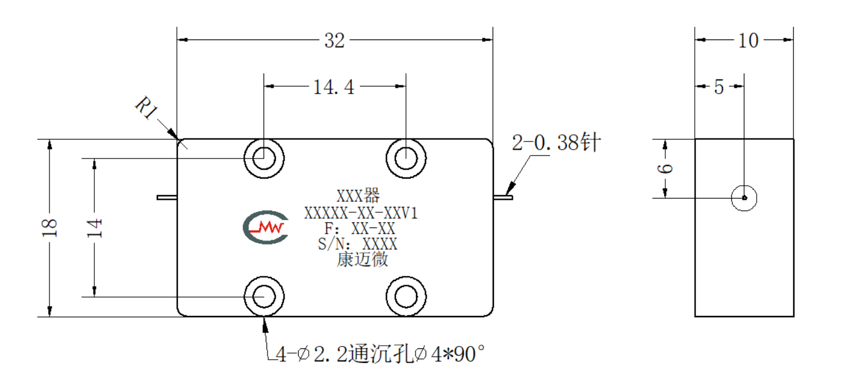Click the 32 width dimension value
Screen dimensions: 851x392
pyautogui.click(x=334, y=40)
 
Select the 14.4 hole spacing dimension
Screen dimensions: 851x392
pyautogui.click(x=334, y=87)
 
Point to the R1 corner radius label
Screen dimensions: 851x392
pyautogui.click(x=147, y=107)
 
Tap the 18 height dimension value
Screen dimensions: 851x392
pyautogui.click(x=50, y=228)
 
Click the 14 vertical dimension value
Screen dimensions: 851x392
pyautogui.click(x=95, y=228)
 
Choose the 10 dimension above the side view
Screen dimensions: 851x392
pyautogui.click(x=748, y=40)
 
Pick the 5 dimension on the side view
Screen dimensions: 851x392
pyautogui.click(x=719, y=87)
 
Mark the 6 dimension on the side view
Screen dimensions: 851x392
pyautogui.click(x=665, y=168)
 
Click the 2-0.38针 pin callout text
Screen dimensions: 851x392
pyautogui.click(x=556, y=143)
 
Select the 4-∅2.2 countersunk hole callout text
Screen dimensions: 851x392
pyautogui.click(x=380, y=354)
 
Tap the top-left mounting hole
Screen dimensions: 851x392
pyautogui.click(x=263, y=158)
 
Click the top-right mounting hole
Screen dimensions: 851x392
pyautogui.click(x=406, y=158)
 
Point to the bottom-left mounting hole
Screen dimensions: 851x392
pyautogui.click(x=263, y=297)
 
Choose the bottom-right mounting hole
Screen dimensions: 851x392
pyautogui.click(x=406, y=297)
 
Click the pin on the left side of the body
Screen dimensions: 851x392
pyautogui.click(x=167, y=197)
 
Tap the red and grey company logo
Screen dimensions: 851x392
pyautogui.click(x=266, y=227)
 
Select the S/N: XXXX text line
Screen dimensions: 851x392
pyautogui.click(x=358, y=244)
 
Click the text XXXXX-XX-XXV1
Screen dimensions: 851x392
pyautogui.click(x=361, y=213)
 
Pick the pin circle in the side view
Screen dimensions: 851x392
pyautogui.click(x=744, y=198)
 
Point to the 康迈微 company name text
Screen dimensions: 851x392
pyautogui.click(x=362, y=260)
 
